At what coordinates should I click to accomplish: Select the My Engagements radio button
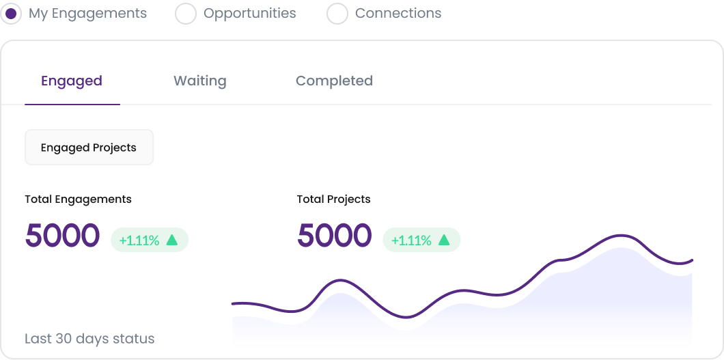click(12, 14)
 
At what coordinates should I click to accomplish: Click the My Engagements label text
click(87, 14)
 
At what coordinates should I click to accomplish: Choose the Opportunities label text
click(249, 14)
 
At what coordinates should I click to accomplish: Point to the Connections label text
click(398, 14)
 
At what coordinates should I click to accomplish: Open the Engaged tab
click(72, 81)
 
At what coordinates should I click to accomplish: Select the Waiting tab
click(199, 81)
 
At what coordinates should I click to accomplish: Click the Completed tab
click(334, 81)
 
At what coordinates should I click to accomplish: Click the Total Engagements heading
click(78, 199)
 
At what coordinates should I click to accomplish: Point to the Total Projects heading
click(333, 199)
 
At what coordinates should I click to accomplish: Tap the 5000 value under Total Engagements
click(62, 236)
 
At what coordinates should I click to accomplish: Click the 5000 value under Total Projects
click(334, 236)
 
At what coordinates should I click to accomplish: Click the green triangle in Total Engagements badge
click(172, 240)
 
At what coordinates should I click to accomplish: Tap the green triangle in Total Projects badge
click(444, 240)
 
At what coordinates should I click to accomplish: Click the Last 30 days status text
click(89, 339)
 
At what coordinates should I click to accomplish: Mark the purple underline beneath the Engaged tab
click(72, 104)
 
